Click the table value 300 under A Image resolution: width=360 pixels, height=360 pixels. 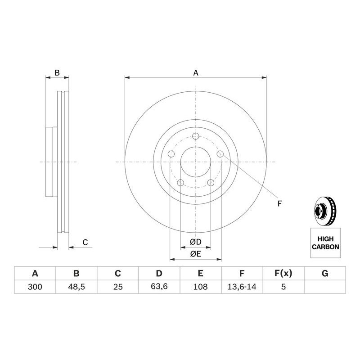[35, 287]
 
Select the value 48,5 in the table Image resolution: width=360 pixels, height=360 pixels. [76, 287]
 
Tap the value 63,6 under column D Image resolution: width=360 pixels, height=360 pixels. [159, 286]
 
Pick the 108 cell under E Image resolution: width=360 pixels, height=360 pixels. [200, 287]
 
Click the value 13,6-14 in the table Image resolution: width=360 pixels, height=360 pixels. [242, 287]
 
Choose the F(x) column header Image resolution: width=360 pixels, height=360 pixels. [283, 273]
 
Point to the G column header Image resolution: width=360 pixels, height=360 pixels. [325, 273]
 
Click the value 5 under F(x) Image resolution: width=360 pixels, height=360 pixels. [283, 287]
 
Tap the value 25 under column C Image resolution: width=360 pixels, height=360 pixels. [118, 287]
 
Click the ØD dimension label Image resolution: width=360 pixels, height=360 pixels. [196, 242]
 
